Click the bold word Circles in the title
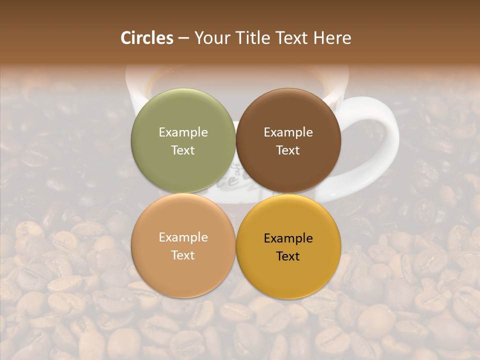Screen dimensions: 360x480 point(147,38)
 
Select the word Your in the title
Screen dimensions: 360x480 point(210,38)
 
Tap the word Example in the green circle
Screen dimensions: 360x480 point(183,132)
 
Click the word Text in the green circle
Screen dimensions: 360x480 point(183,150)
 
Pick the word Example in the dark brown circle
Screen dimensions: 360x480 point(288,132)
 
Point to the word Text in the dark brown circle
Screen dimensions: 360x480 point(288,150)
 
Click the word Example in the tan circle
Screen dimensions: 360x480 point(183,237)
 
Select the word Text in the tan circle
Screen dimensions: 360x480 point(183,255)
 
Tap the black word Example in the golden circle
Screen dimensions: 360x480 point(288,238)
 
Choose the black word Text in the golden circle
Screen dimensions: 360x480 point(288,256)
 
